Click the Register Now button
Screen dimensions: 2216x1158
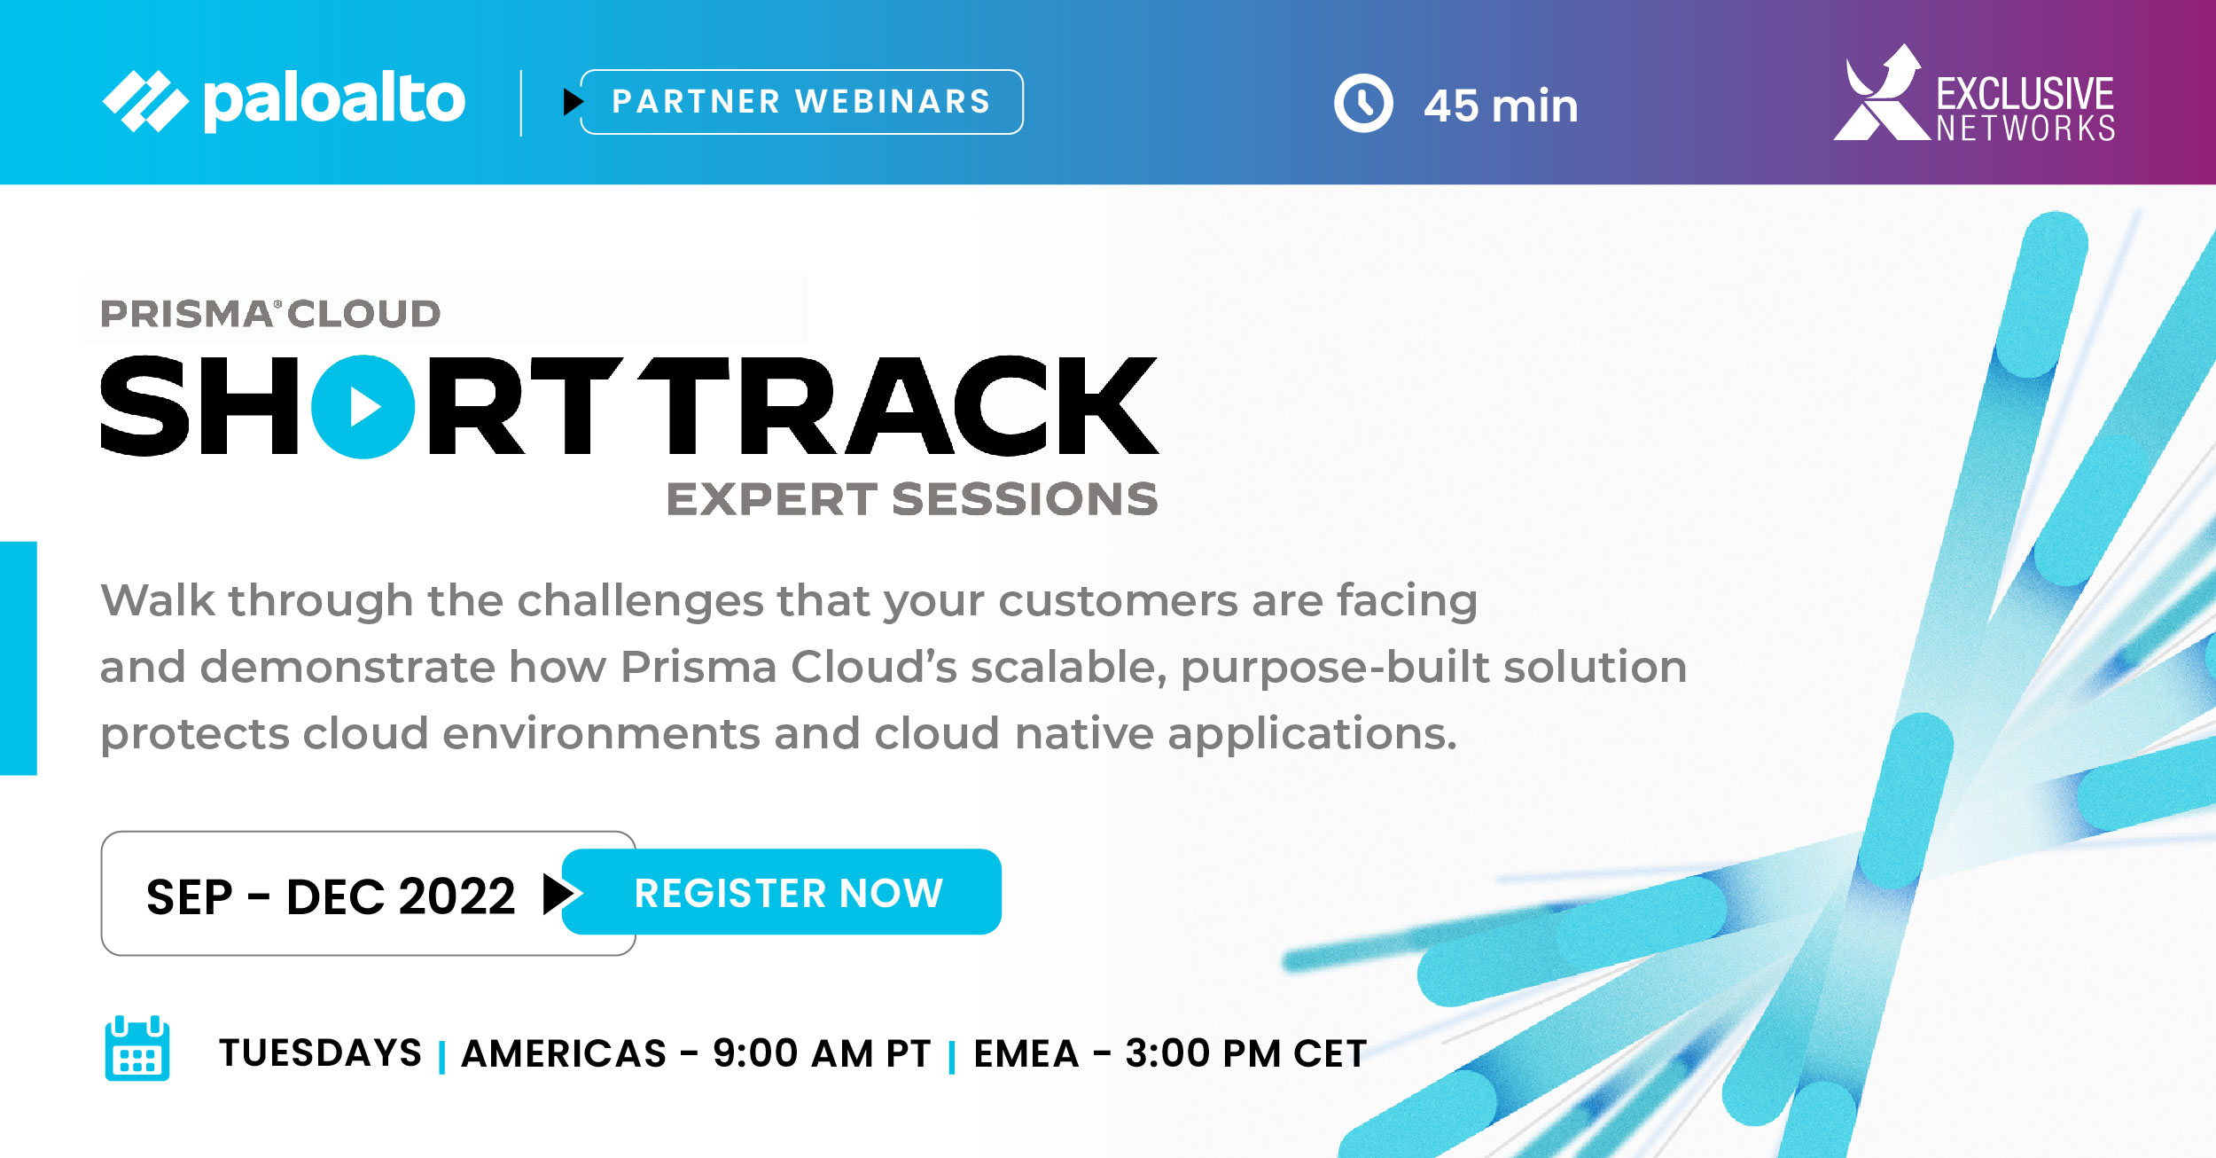(x=782, y=891)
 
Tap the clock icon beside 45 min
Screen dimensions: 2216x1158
(x=1363, y=103)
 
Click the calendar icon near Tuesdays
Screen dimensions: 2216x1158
(x=137, y=1048)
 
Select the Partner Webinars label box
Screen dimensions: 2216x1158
(x=801, y=102)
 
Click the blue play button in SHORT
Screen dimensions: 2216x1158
(x=363, y=407)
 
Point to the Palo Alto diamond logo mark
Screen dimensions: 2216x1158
(x=146, y=101)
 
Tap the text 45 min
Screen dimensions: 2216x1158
(x=1501, y=106)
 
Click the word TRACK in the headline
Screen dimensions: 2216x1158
(x=898, y=406)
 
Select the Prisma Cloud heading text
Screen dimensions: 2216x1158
(x=270, y=314)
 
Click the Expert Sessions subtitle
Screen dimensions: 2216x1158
(x=912, y=498)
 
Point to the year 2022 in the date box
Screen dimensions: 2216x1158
(x=456, y=896)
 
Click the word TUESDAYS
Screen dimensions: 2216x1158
(x=321, y=1052)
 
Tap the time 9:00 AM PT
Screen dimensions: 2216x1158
(x=822, y=1053)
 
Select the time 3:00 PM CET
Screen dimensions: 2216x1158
(x=1246, y=1053)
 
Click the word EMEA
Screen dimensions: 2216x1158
(x=1026, y=1053)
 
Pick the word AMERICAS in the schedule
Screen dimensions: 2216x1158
(x=564, y=1053)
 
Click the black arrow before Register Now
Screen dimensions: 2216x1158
(x=560, y=894)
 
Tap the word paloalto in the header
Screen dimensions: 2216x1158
(x=334, y=101)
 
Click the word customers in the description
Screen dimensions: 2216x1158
(x=1119, y=601)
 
